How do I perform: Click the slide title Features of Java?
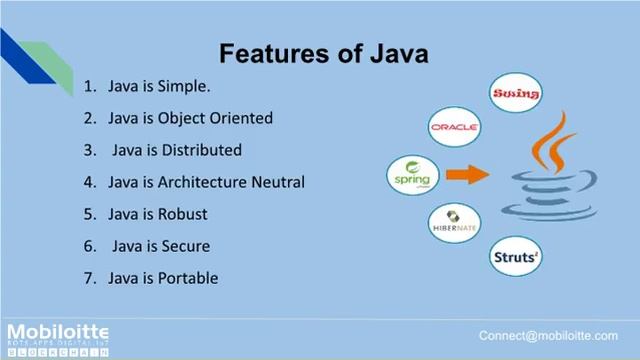point(323,52)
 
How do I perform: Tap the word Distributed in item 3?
point(205,150)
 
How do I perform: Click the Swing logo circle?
point(516,94)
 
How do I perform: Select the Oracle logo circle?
point(454,127)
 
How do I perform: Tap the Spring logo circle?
point(412,175)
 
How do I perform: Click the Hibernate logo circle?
point(454,223)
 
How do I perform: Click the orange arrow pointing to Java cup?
point(467,176)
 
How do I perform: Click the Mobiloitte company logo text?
point(57,332)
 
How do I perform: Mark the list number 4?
point(88,182)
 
